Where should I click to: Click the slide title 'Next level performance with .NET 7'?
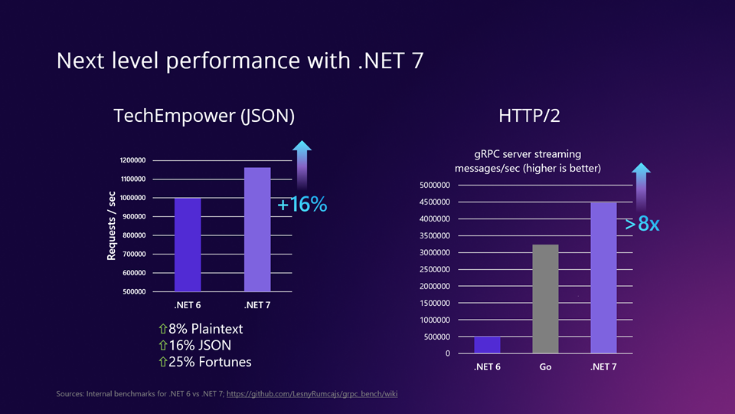click(x=239, y=61)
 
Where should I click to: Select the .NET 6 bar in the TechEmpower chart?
click(x=188, y=245)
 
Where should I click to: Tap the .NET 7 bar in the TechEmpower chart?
click(x=257, y=229)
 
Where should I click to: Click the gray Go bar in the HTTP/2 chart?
click(x=545, y=299)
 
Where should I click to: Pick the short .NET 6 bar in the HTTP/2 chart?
click(x=488, y=345)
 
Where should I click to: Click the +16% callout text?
click(x=302, y=205)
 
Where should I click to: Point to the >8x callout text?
click(x=642, y=225)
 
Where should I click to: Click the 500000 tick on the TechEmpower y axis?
click(x=135, y=292)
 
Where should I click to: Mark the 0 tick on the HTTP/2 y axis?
click(x=447, y=353)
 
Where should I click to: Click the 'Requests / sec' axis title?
click(x=112, y=225)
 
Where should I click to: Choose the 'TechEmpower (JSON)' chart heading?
click(x=204, y=116)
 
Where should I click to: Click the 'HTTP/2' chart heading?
click(x=529, y=116)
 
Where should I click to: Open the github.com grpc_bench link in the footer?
click(x=313, y=394)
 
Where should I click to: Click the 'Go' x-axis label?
click(x=545, y=367)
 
